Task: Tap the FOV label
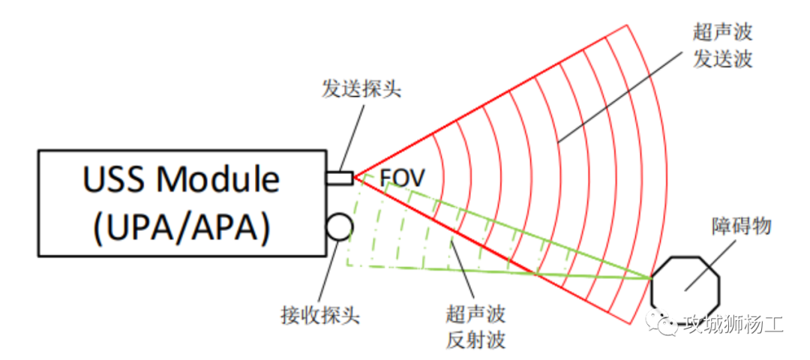click(402, 178)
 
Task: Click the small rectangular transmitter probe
click(339, 178)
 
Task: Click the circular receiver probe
click(338, 226)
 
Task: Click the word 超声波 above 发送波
click(722, 32)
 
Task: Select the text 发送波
click(722, 59)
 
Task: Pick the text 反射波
click(475, 340)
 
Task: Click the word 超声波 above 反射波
click(475, 313)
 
